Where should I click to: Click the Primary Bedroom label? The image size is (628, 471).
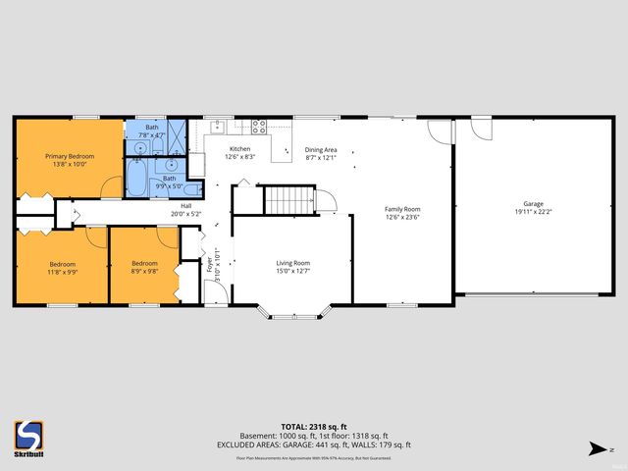pos(67,155)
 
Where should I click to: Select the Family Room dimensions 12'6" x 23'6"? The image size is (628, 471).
pos(402,219)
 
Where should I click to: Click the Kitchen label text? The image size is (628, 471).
pos(240,148)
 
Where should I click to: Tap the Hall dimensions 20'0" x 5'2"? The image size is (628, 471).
pos(184,215)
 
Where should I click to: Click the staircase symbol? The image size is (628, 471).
pos(289,200)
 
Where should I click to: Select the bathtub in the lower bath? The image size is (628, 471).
pos(138,179)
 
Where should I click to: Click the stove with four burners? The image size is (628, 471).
pos(260,126)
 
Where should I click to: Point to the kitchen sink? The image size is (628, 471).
pos(216,127)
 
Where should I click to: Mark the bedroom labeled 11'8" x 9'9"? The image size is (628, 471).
pos(63,263)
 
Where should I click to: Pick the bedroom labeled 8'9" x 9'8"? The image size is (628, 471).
pos(144,263)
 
